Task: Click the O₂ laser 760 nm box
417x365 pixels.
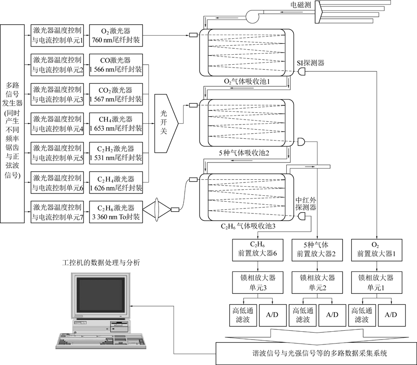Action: [x=116, y=36]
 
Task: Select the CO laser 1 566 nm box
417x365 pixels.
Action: [x=116, y=64]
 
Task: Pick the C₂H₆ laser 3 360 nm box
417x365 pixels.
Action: [x=116, y=211]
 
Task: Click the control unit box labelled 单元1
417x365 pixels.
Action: [x=58, y=36]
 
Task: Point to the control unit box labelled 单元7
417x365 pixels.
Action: [x=58, y=211]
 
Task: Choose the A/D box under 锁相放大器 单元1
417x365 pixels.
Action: [x=391, y=315]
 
